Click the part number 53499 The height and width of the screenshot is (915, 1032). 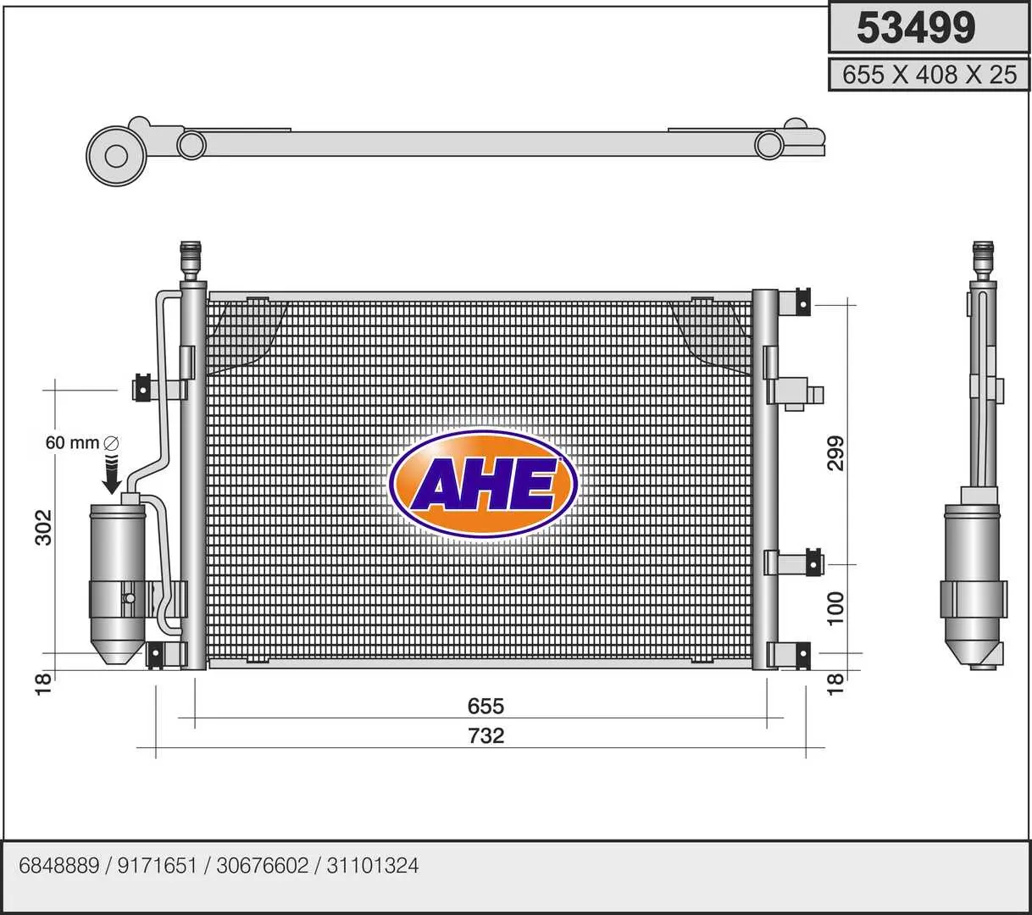pos(916,28)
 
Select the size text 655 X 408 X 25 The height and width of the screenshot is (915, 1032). pos(929,75)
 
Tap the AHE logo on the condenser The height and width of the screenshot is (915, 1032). pos(484,484)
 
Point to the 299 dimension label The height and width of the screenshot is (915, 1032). pos(836,453)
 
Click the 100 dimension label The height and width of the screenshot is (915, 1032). pos(836,608)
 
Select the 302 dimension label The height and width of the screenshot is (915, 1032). pos(44,527)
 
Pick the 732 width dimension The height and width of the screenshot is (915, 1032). pos(486,736)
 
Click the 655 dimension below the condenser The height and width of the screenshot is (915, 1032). pos(486,707)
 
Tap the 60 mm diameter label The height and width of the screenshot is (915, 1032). pos(81,443)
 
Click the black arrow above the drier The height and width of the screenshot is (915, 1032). pos(111,474)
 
